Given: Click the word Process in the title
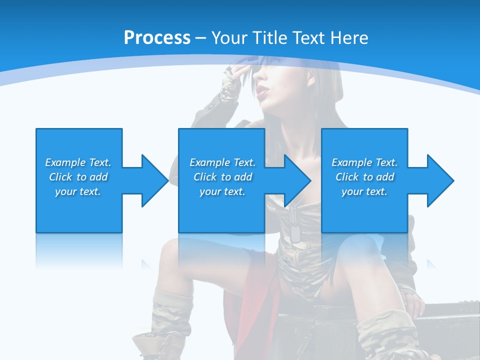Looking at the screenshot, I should click(x=157, y=38).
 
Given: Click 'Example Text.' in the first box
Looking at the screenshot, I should click(x=78, y=162).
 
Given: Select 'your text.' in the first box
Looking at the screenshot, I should click(x=78, y=191).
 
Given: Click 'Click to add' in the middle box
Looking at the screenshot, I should click(x=222, y=177).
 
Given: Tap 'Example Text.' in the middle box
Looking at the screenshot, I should click(x=222, y=162).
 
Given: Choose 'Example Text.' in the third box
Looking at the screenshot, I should click(x=364, y=162).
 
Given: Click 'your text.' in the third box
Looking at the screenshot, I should click(x=364, y=191).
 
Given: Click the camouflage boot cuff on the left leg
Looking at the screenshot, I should click(x=173, y=310).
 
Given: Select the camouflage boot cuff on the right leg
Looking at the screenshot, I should click(x=385, y=330).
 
